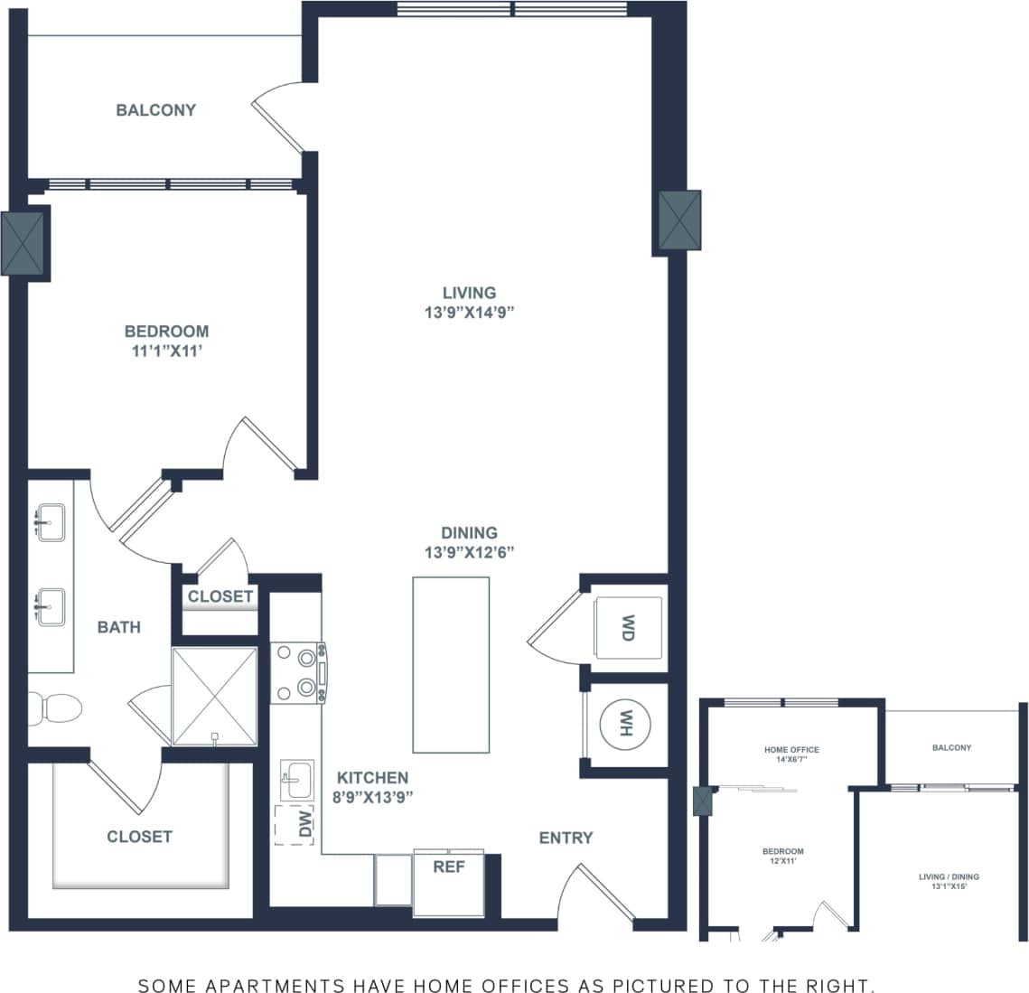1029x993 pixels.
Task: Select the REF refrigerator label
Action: tap(449, 867)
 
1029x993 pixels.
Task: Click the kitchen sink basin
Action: tap(296, 780)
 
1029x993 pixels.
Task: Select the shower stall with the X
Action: tap(215, 696)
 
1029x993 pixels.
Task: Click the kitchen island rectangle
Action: tap(451, 665)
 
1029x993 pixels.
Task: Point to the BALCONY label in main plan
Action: tap(155, 110)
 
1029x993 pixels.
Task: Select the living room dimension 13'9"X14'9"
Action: tap(469, 312)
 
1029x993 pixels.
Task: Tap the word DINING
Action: tap(469, 533)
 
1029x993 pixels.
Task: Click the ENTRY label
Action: tap(566, 838)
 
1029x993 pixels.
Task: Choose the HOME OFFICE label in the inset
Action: tap(791, 750)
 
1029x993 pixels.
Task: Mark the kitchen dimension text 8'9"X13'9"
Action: tap(372, 797)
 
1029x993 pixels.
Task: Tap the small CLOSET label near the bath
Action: tap(220, 596)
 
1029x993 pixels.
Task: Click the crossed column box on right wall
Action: tap(679, 220)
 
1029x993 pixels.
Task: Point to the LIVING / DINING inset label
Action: tap(949, 876)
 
